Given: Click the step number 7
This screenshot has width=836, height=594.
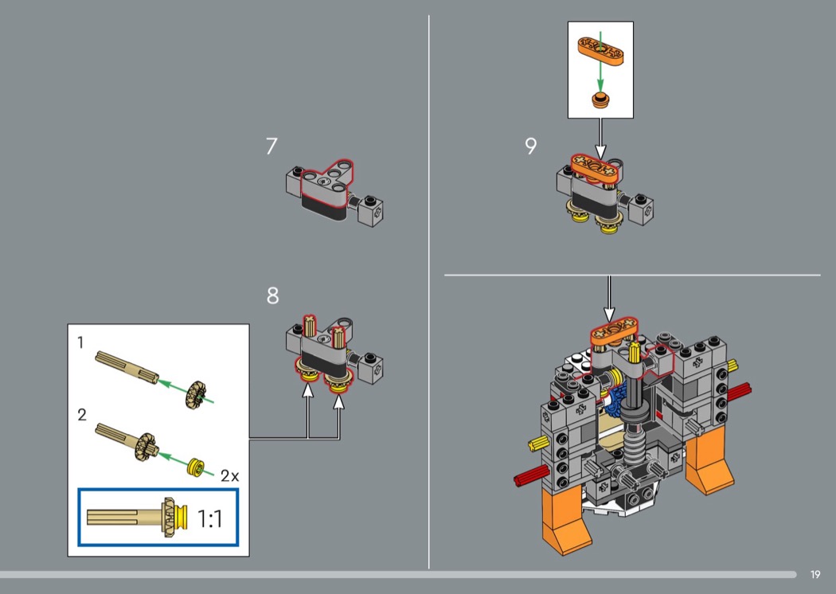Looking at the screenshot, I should [x=272, y=147].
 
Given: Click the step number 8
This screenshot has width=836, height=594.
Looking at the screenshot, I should [x=272, y=296].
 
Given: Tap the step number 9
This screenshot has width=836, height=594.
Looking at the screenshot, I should [x=531, y=147].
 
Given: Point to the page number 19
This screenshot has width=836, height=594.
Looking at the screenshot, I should [x=815, y=575].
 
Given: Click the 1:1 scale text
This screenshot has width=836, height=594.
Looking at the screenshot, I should [x=209, y=520].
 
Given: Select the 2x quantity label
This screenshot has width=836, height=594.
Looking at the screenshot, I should [x=229, y=476].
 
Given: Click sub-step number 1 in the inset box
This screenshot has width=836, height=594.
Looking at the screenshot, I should [x=80, y=343].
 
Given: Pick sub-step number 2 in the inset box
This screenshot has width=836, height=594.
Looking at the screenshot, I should [x=81, y=415].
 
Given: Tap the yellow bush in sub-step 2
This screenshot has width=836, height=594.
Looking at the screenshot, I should [x=195, y=466].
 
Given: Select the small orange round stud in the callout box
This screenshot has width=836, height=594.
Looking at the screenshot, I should [x=600, y=100].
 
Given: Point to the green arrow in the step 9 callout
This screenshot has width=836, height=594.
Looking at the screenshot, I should [x=600, y=77].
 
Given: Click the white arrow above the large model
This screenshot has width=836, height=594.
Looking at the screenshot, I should [x=608, y=299].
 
